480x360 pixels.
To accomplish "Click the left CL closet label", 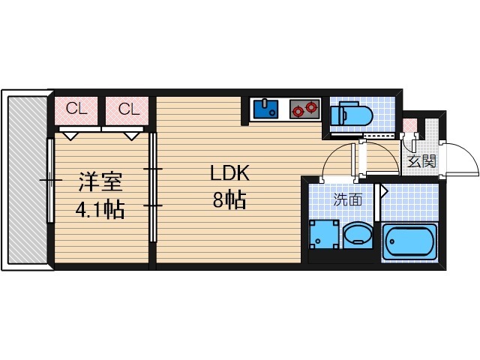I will (76, 109).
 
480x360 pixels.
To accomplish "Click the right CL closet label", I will (129, 109).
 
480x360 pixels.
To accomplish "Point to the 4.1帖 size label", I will (100, 209).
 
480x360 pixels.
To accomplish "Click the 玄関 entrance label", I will (421, 161).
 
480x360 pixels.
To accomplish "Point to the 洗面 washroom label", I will (347, 200).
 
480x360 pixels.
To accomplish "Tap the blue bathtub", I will (409, 241).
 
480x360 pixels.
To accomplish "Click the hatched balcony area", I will (28, 180).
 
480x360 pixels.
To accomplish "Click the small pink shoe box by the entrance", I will (409, 124).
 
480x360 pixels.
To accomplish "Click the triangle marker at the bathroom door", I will (382, 191).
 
